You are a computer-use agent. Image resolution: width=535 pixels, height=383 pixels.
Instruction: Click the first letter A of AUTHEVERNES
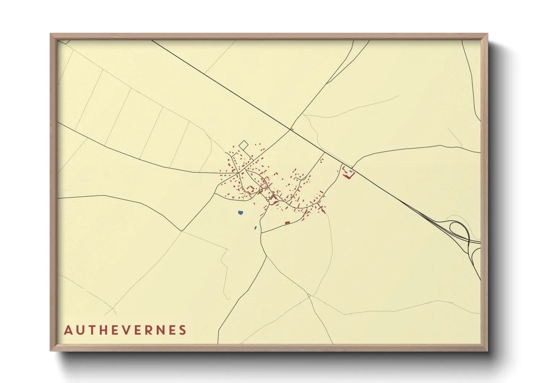[68, 330]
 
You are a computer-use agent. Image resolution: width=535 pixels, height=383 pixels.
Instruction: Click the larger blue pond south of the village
[240, 212]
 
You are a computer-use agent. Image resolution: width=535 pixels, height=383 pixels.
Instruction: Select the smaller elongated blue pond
[255, 228]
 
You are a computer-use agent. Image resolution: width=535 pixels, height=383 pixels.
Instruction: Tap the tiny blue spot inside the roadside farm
[350, 171]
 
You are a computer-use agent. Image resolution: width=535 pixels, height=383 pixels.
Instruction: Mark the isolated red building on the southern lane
[287, 223]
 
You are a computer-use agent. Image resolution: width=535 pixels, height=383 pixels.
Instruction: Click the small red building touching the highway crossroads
[291, 129]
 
